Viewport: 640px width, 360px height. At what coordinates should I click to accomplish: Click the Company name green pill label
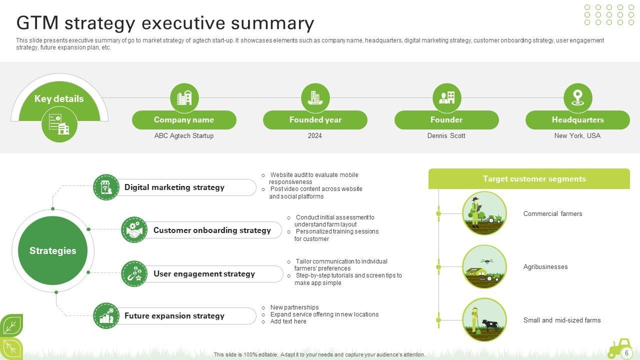click(x=184, y=120)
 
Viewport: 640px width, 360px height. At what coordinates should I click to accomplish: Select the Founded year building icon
click(x=315, y=97)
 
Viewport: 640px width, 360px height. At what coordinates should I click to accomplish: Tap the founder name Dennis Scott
click(x=446, y=135)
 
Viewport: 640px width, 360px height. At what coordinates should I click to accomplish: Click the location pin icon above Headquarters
click(x=577, y=97)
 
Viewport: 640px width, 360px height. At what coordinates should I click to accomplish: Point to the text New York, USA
click(x=577, y=135)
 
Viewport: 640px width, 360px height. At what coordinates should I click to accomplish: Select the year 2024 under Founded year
click(x=315, y=135)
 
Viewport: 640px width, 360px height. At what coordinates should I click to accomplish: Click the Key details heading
click(x=59, y=99)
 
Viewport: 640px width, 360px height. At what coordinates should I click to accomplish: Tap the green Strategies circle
click(x=52, y=250)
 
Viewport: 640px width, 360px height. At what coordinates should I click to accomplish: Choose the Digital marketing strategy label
click(x=174, y=187)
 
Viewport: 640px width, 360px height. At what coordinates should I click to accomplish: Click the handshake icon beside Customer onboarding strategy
click(x=134, y=230)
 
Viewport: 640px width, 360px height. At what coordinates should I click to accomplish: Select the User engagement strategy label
click(x=204, y=274)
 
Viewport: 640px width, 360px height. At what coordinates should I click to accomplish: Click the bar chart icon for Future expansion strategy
click(x=106, y=316)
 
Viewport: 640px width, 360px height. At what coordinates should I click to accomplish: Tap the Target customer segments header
click(x=534, y=179)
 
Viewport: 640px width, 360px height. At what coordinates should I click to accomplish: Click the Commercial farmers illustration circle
click(x=484, y=213)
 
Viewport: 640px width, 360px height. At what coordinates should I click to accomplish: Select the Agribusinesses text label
click(x=545, y=267)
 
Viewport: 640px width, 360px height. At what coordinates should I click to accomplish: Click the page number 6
click(x=626, y=353)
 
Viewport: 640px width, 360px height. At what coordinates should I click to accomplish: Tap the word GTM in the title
click(x=37, y=23)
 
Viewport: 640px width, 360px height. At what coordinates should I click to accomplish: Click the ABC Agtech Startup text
click(x=184, y=135)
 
